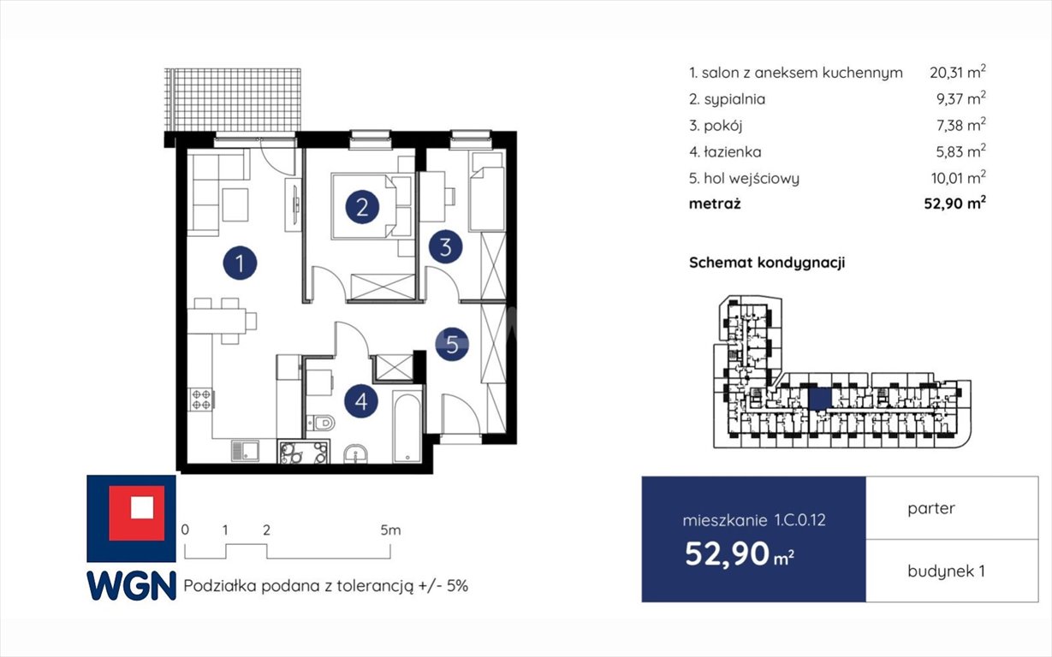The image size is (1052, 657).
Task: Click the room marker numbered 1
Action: (x=240, y=263)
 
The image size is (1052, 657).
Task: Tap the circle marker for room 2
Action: (x=362, y=207)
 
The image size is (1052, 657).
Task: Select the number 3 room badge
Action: (x=445, y=246)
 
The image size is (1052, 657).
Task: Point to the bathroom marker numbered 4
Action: (x=361, y=401)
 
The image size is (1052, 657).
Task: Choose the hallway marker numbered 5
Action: (x=452, y=344)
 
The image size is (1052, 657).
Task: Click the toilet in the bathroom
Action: (x=320, y=423)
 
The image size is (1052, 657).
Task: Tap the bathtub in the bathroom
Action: (x=407, y=427)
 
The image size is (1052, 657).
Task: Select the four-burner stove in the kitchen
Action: (x=200, y=400)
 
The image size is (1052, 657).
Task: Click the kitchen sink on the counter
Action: (x=245, y=451)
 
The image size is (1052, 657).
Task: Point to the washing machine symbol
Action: (x=303, y=452)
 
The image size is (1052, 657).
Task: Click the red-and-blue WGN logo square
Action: (x=132, y=518)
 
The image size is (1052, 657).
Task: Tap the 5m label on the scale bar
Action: (x=390, y=530)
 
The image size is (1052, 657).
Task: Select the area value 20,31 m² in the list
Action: (x=958, y=72)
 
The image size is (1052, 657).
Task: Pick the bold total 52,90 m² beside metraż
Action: (x=954, y=204)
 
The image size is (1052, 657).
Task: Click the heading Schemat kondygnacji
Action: (x=767, y=263)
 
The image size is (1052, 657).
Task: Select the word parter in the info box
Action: (x=931, y=509)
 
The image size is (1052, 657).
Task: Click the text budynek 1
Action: (x=946, y=571)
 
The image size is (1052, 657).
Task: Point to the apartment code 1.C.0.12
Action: (x=799, y=520)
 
